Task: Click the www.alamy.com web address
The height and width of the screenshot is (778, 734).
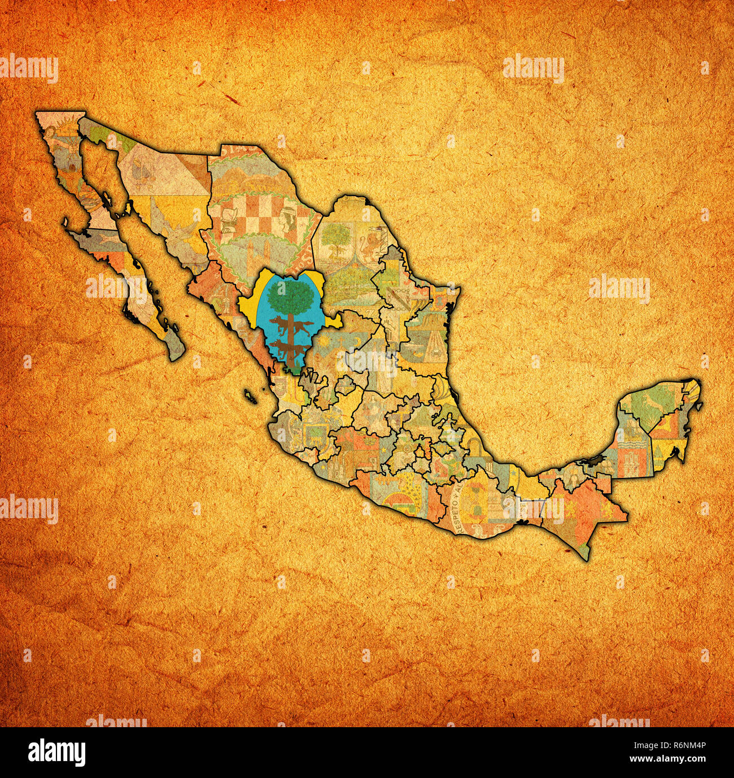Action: [x=675, y=760]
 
